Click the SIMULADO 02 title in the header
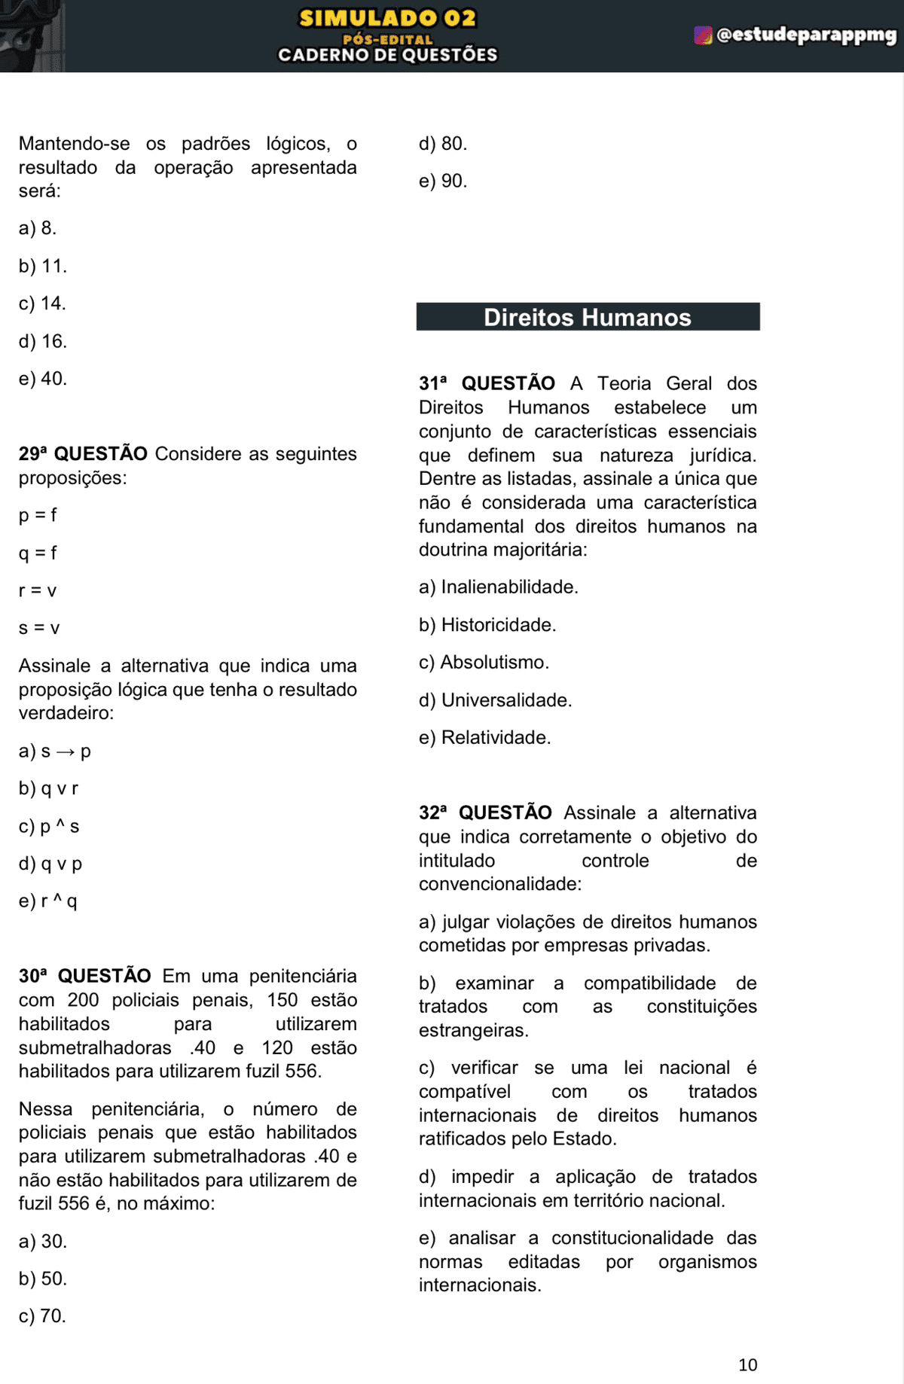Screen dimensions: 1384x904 (387, 18)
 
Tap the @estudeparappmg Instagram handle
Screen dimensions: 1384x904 (806, 35)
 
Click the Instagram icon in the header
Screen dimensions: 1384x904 (702, 35)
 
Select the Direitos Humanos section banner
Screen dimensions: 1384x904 (588, 317)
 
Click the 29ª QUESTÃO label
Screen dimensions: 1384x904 (83, 454)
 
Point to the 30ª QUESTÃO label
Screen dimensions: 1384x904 (84, 976)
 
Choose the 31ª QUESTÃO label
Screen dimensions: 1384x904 (487, 383)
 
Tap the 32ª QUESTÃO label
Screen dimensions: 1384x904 (485, 812)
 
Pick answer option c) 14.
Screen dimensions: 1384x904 (42, 303)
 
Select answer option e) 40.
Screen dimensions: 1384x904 (43, 379)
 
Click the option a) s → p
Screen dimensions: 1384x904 (54, 751)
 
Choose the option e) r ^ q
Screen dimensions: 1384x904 (47, 901)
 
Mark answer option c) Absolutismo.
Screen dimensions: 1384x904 (484, 663)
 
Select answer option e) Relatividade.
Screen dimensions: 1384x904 (484, 738)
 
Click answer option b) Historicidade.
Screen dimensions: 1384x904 (487, 625)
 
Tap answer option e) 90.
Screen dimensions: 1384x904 (443, 181)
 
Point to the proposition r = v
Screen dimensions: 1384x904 (38, 590)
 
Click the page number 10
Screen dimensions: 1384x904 (747, 1364)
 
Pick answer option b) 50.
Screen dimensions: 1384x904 (43, 1279)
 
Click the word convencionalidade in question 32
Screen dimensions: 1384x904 (499, 884)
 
